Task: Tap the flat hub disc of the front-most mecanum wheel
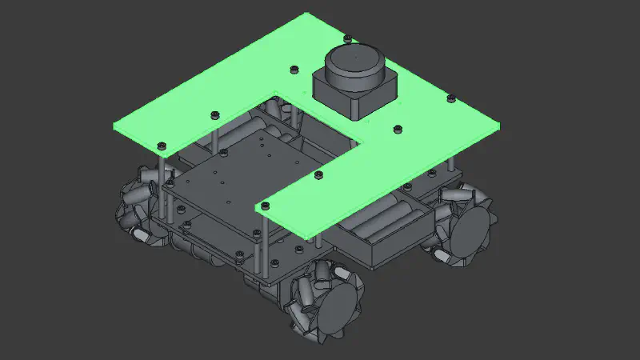click(x=337, y=310)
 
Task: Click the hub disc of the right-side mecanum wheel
click(x=471, y=229)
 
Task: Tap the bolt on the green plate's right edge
click(x=450, y=98)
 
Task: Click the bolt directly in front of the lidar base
click(x=397, y=127)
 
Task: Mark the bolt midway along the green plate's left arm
click(x=214, y=114)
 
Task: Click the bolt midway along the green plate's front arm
click(x=318, y=174)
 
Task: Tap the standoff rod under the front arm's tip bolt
click(x=258, y=248)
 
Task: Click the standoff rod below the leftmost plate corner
click(x=162, y=184)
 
